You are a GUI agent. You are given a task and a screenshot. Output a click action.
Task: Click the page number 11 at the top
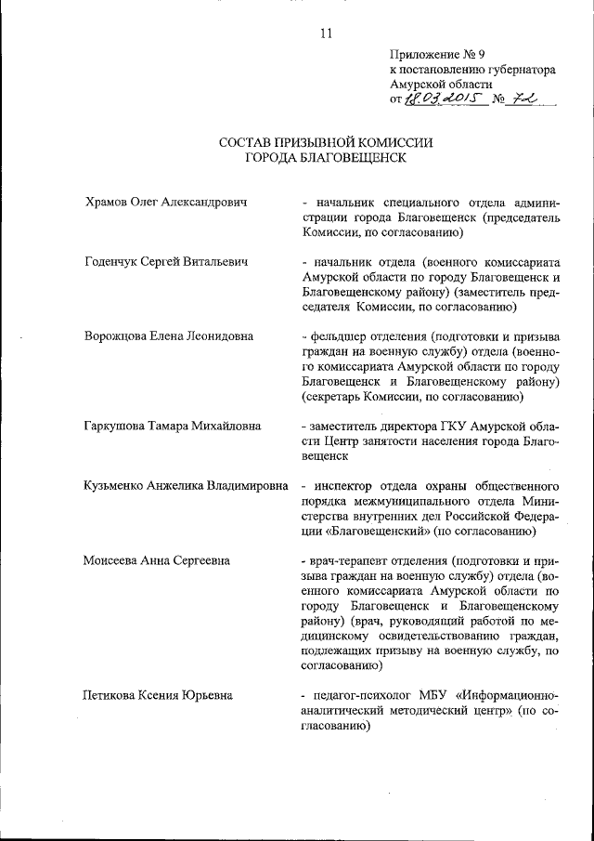(325, 33)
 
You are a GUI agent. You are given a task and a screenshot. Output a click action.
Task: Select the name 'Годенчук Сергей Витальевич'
(165, 262)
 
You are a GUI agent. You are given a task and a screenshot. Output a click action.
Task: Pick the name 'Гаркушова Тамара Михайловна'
(172, 426)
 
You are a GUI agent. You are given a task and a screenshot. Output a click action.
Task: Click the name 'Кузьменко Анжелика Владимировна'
(186, 486)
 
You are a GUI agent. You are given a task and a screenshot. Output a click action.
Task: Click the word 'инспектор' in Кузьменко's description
(343, 486)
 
